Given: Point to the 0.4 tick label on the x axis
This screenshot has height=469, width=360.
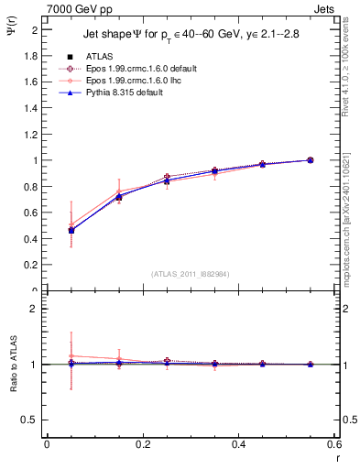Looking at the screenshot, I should pyautogui.click(x=238, y=445).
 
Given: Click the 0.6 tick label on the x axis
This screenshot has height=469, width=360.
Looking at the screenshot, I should pyautogui.click(x=334, y=445).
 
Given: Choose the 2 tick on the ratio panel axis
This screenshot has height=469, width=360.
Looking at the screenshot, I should pyautogui.click(x=34, y=309).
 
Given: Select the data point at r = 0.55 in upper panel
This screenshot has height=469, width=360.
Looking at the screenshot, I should pyautogui.click(x=310, y=160).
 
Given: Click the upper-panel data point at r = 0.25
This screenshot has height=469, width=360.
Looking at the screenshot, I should pyautogui.click(x=167, y=178).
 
